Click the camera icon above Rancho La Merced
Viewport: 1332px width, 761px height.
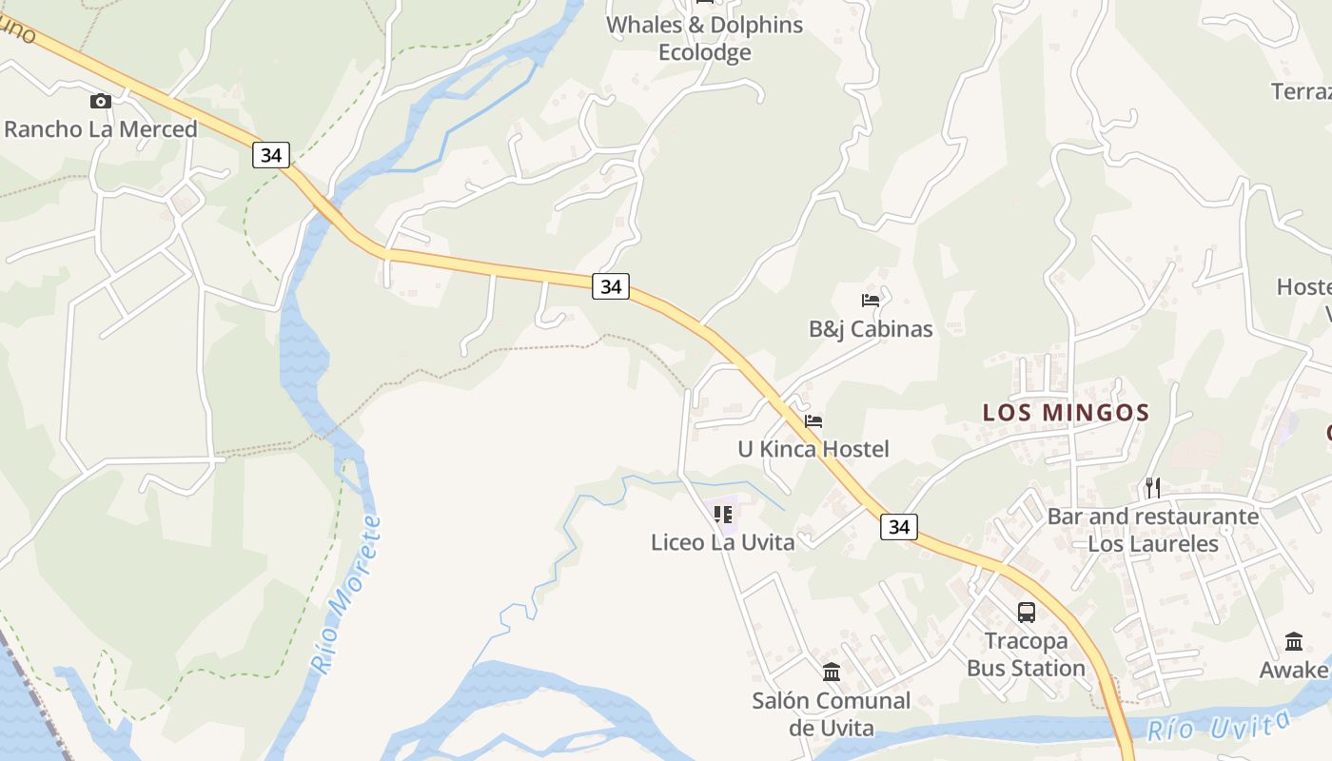click(x=100, y=102)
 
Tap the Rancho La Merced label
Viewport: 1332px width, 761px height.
click(x=101, y=129)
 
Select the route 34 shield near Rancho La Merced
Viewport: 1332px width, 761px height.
click(x=271, y=155)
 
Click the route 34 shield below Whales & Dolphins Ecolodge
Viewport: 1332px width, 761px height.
click(x=611, y=285)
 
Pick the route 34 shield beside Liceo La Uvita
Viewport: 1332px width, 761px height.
click(x=899, y=526)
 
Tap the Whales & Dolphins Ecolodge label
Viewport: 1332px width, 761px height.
click(x=705, y=38)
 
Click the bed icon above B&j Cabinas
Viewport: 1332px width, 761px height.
click(x=870, y=301)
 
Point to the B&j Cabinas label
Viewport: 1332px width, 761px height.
click(x=871, y=329)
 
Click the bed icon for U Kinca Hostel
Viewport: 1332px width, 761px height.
click(x=813, y=420)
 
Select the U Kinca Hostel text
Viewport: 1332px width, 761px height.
click(x=813, y=449)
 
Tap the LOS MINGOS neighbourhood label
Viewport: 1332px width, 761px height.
click(x=1066, y=413)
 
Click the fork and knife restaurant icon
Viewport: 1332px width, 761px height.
click(x=1152, y=488)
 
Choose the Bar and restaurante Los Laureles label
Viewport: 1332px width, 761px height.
click(x=1153, y=530)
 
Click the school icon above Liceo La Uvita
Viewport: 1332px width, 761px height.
click(x=723, y=515)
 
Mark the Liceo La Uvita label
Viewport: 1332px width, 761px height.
click(x=723, y=542)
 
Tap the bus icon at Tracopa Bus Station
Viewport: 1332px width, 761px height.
click(x=1026, y=613)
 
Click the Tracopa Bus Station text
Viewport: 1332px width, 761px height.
click(x=1026, y=654)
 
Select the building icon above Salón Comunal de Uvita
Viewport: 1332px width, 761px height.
click(x=832, y=673)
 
